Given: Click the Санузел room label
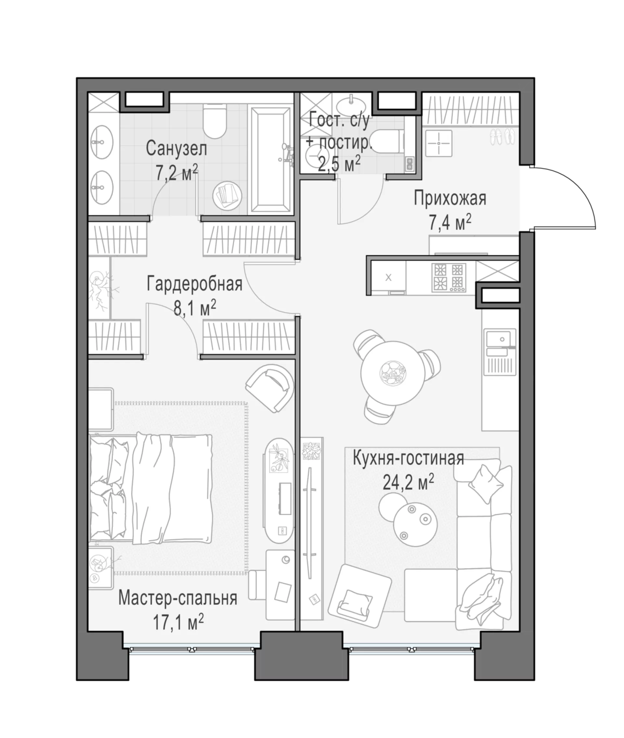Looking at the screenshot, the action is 176,149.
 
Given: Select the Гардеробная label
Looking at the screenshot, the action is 195,284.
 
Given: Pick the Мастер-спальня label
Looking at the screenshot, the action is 177,598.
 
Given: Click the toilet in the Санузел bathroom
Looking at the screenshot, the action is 215,121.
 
